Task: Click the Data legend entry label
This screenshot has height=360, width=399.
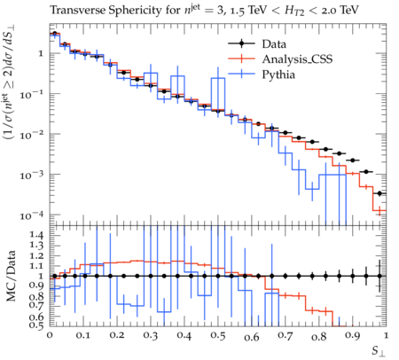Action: point(274,44)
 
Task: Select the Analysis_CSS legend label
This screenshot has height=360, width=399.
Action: point(297,59)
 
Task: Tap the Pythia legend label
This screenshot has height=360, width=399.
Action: point(278,74)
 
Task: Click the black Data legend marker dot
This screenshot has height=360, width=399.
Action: point(242,43)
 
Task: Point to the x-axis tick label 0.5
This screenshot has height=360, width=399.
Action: point(218,336)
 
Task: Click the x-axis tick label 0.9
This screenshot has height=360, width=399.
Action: point(352,336)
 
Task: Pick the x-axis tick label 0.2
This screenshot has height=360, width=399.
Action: point(117,336)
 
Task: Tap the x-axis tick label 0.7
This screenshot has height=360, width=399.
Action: point(285,336)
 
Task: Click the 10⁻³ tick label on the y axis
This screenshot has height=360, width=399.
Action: point(32,175)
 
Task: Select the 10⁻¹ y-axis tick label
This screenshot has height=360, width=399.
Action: point(32,95)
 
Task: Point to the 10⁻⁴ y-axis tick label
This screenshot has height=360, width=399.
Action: point(32,215)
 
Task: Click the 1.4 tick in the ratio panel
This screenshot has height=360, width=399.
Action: point(36,235)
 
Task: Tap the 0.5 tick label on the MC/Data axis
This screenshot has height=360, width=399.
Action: point(36,325)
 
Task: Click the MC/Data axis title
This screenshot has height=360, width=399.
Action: point(11,277)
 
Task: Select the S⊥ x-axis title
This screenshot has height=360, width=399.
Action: point(379,351)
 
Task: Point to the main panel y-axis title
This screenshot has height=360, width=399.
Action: point(10,82)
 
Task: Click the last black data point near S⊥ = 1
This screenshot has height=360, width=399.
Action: point(379,193)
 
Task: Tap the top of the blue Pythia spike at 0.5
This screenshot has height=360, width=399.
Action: point(218,78)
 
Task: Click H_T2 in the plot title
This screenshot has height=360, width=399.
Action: point(294,11)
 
